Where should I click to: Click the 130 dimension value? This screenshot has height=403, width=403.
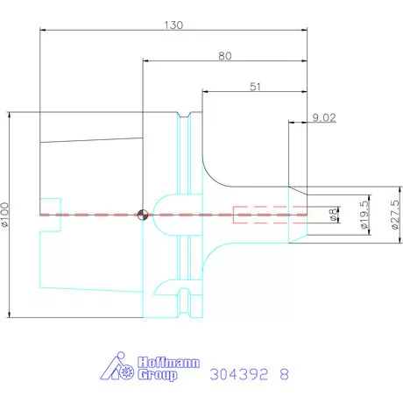pyautogui.click(x=173, y=25)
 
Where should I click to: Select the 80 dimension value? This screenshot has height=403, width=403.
pyautogui.click(x=225, y=56)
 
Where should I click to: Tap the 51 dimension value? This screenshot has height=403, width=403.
pyautogui.click(x=255, y=87)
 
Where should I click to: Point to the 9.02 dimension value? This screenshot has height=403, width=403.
pyautogui.click(x=324, y=117)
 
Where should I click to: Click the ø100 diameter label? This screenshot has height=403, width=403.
pyautogui.click(x=5, y=215)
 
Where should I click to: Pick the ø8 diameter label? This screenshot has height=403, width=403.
pyautogui.click(x=333, y=215)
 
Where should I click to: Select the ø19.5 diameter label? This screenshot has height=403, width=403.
pyautogui.click(x=364, y=215)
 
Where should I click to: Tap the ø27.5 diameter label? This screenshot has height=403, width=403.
pyautogui.click(x=395, y=215)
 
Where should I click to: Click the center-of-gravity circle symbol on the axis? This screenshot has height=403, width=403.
pyautogui.click(x=143, y=215)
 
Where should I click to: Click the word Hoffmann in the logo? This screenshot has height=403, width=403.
pyautogui.click(x=168, y=363)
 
